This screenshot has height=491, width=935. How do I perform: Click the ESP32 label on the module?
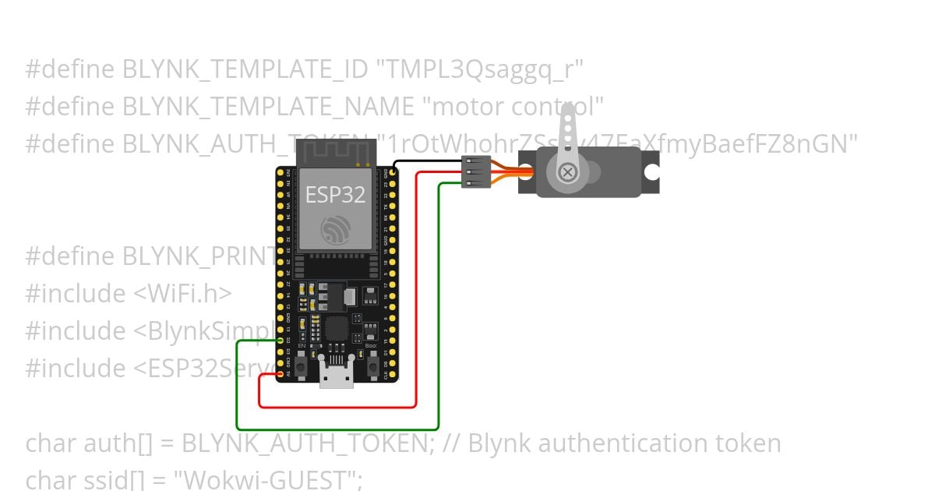[x=335, y=194]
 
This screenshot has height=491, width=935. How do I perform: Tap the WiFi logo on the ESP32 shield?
[x=335, y=228]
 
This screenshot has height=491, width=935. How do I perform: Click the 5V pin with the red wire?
[x=280, y=374]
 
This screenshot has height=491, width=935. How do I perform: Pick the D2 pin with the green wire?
[x=280, y=340]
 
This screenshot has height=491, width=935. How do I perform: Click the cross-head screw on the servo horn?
[x=568, y=171]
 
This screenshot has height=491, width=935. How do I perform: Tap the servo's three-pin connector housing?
[x=475, y=171]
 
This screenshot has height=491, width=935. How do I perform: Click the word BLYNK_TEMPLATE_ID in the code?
[x=245, y=69]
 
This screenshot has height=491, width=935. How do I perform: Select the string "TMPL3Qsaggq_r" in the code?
[x=480, y=69]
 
